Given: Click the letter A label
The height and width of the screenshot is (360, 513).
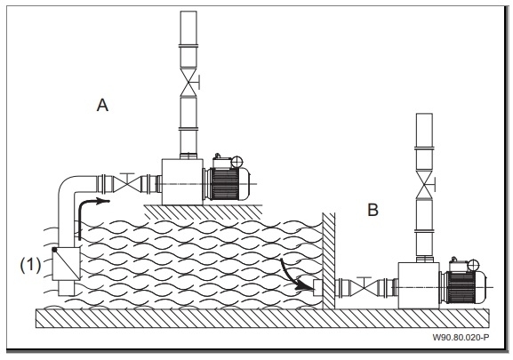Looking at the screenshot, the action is point(102,105).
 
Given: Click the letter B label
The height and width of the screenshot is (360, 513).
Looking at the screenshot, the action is point(373,210).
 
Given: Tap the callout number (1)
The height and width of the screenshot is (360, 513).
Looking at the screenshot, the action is point(31,265).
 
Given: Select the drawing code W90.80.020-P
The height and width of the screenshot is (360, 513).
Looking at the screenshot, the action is point(461,337).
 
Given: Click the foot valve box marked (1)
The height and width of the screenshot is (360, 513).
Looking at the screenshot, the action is point(67,264).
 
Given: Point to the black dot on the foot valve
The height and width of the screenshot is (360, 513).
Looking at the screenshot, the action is point(54,250).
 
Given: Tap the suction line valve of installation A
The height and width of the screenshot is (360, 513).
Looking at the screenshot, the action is point(127,184).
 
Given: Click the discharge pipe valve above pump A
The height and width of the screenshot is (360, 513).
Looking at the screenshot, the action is point(188,82).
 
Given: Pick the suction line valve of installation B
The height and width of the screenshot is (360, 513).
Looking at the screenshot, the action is point(365,287).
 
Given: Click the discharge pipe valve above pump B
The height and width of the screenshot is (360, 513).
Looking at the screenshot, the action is point(424,185).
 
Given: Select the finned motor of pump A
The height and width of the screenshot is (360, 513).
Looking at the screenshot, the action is point(226,183).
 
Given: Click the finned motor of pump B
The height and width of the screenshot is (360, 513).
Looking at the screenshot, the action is point(462,287).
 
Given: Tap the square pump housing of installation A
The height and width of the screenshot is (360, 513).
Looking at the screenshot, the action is point(182,182).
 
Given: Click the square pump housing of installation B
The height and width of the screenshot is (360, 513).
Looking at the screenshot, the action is point(419,285).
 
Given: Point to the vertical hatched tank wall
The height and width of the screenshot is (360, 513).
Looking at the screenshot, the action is point(328,261).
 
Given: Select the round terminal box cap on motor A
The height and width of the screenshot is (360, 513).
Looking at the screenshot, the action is point(236,162).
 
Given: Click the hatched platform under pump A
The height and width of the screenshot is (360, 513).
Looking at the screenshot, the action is point(204,212).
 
